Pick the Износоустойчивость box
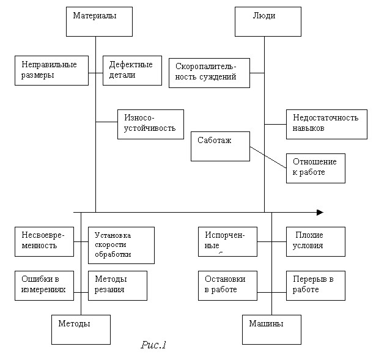click(x=150, y=124)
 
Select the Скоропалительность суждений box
click(x=209, y=73)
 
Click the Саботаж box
click(x=220, y=146)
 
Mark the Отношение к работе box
click(x=315, y=167)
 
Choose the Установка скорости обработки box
click(x=121, y=245)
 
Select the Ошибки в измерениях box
click(x=43, y=285)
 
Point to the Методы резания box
click(x=117, y=285)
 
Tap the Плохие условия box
click(x=315, y=241)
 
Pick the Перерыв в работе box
click(x=315, y=285)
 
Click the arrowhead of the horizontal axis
click(x=320, y=212)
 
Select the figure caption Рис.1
click(x=153, y=346)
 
